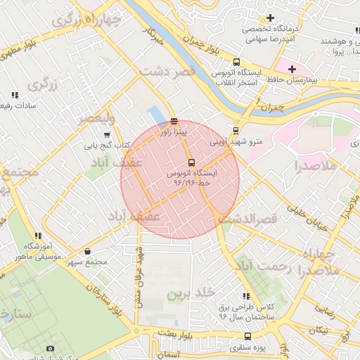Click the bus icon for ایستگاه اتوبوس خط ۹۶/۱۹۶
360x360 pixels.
coord(192,163)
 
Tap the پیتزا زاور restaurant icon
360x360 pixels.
coord(174,121)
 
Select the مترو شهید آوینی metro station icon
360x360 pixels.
coord(236,130)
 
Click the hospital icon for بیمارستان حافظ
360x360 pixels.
coord(292,68)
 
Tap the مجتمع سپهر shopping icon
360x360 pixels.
coord(87,251)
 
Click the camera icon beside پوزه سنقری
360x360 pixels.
coord(50,348)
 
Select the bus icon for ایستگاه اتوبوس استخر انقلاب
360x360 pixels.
coord(236,62)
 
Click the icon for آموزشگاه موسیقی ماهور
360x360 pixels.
coord(38,236)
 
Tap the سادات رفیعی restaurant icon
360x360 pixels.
coord(14,95)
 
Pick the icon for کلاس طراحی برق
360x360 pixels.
coord(246,297)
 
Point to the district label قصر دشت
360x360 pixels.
coord(166,72)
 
